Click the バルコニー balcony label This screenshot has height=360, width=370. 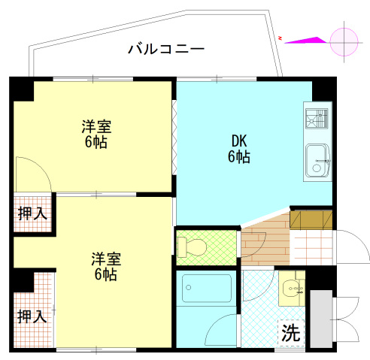166,50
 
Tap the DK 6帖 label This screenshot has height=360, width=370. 239,148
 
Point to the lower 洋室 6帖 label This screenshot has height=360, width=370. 105,266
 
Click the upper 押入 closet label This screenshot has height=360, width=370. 32,213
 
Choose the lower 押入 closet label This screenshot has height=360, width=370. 32,315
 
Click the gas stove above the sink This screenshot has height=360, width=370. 317,120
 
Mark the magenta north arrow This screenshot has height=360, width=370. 305,40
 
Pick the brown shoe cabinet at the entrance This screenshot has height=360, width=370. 310,219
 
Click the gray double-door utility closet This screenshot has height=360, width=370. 320,319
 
